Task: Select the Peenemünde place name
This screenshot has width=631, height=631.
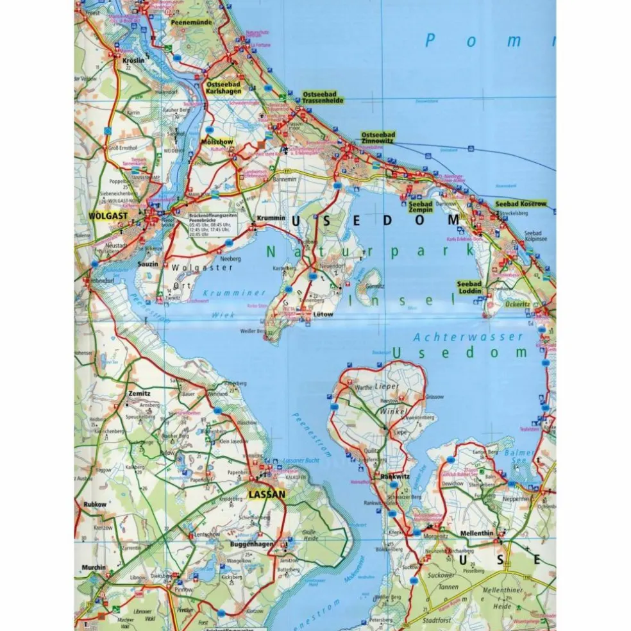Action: (x=190, y=22)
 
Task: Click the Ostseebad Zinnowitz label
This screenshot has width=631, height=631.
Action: (x=378, y=138)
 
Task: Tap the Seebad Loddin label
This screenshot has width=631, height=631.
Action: (x=469, y=287)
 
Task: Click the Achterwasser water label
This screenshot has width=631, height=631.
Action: (x=450, y=337)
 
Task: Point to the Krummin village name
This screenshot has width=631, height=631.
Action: (x=270, y=218)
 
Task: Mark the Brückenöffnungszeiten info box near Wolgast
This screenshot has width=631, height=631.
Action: (x=212, y=224)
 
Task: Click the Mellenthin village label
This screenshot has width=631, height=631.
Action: (x=478, y=534)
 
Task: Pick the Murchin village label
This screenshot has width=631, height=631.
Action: (x=93, y=567)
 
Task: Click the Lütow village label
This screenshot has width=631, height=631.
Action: (x=324, y=315)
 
